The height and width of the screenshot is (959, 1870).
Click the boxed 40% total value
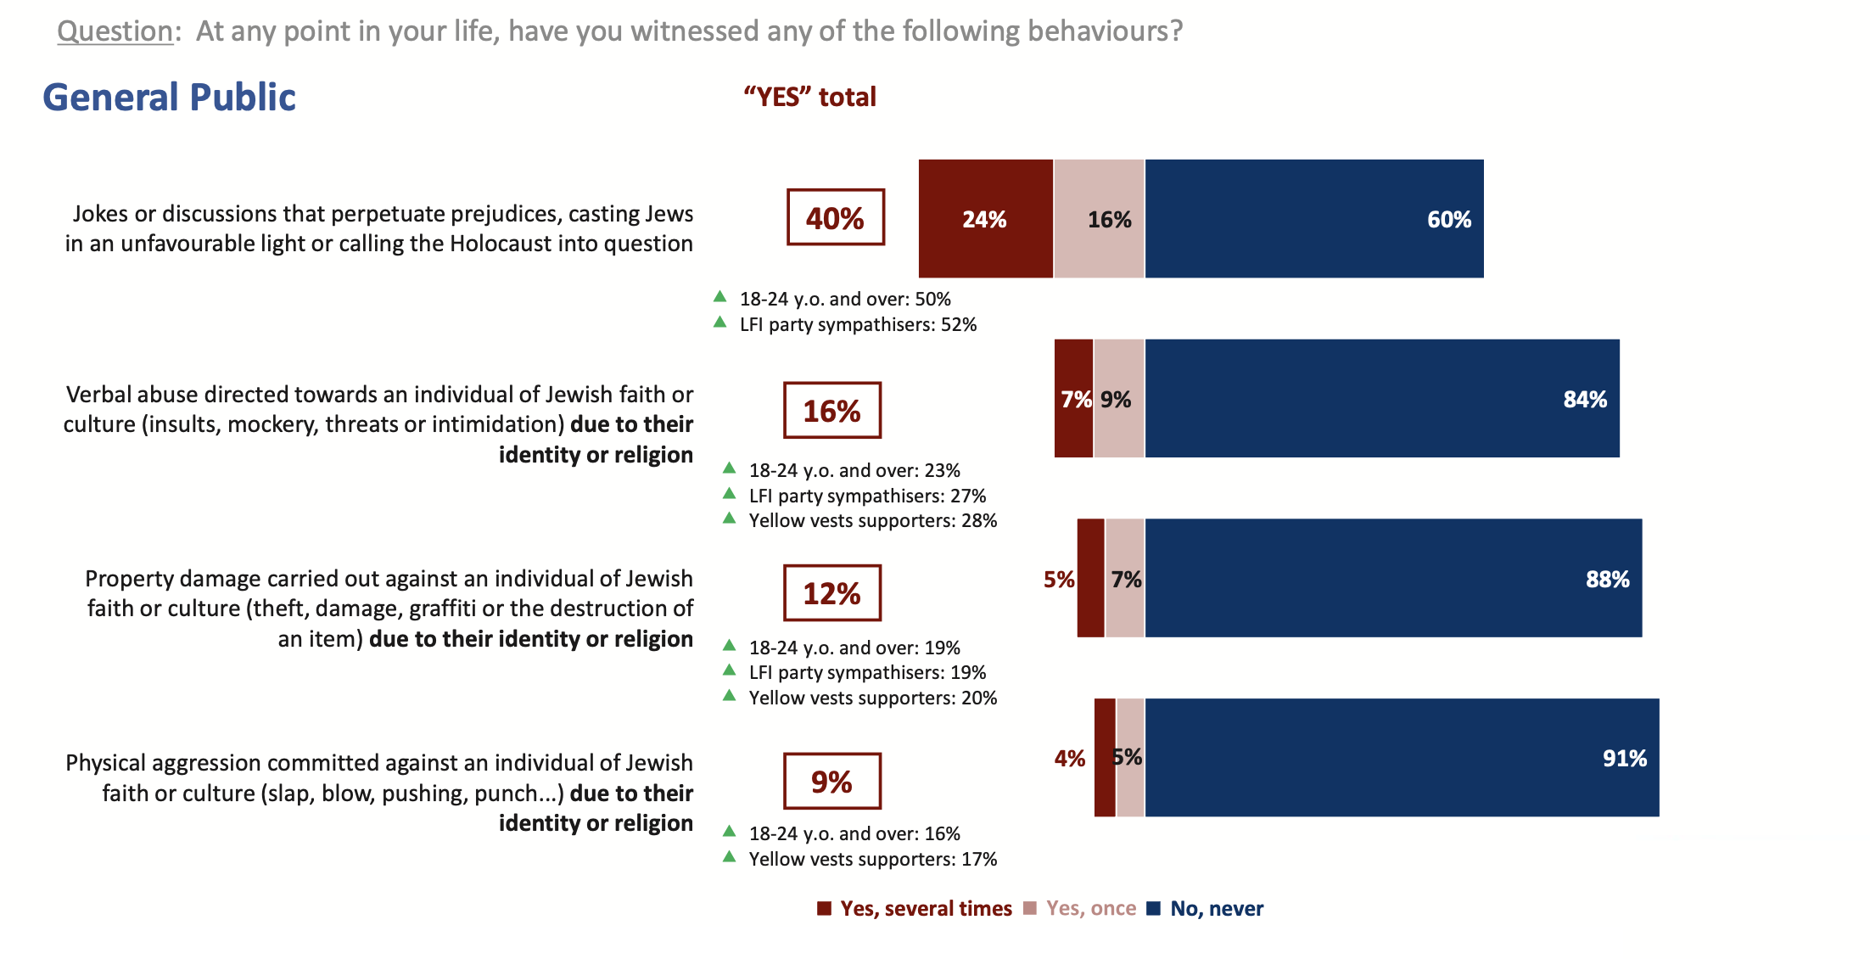coord(835,217)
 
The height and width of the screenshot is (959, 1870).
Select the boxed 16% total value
coord(831,411)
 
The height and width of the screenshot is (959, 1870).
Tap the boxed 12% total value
coord(831,593)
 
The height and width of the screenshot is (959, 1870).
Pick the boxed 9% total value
coord(831,782)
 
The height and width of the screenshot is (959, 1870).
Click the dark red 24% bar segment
coord(985,219)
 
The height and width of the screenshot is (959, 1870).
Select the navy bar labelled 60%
coord(1313,219)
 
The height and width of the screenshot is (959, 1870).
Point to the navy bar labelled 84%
coord(1381,399)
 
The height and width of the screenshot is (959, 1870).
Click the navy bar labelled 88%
coord(1392,579)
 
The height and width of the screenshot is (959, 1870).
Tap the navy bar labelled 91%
coord(1401,758)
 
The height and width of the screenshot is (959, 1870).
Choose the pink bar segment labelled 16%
coord(1099,219)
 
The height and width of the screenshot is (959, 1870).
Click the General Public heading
coord(169,98)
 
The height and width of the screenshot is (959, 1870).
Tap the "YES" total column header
coord(809,98)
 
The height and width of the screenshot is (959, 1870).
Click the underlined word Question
coord(115,31)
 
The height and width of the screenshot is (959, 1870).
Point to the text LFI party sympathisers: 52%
coord(858,325)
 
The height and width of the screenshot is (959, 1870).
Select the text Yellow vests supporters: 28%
coord(872,521)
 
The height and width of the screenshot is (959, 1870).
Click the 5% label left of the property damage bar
coord(1058,580)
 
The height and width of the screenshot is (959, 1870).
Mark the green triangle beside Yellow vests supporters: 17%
coord(729,857)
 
